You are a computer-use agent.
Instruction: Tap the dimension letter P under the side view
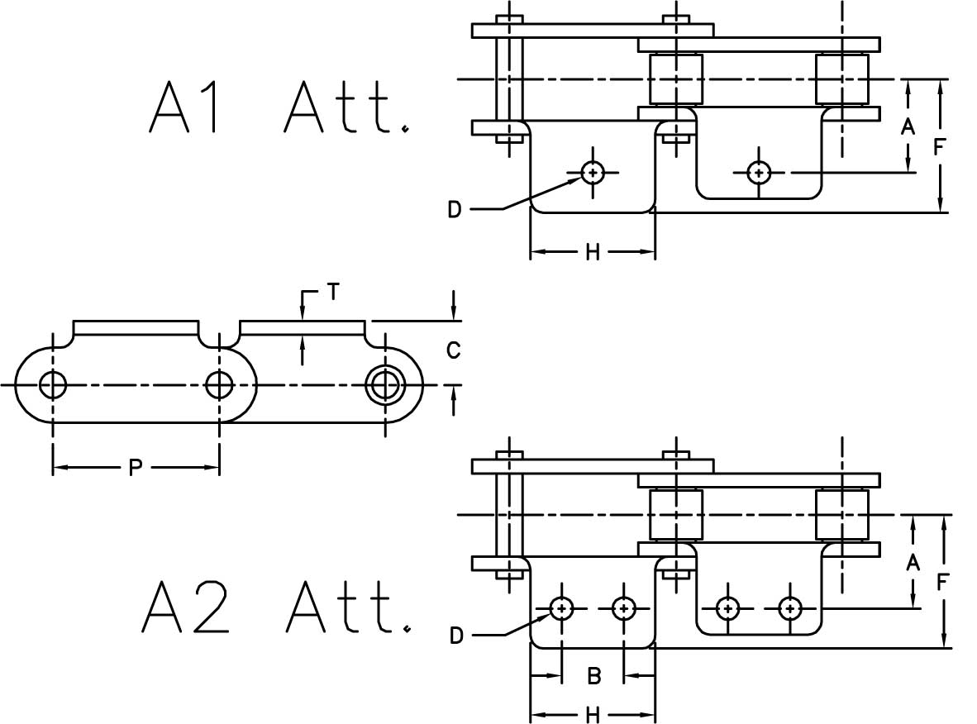point(136,469)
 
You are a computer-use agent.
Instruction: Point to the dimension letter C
point(453,351)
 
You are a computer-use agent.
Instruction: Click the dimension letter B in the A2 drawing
point(593,677)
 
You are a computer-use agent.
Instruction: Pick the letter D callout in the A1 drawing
point(455,210)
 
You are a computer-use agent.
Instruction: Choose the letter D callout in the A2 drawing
point(456,636)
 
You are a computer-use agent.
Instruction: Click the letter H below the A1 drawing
point(593,252)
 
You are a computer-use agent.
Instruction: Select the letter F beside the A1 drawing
point(940,147)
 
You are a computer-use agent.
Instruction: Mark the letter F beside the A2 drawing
point(943,582)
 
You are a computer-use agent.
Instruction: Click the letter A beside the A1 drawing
point(908,126)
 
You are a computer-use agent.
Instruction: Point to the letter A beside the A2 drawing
point(913,563)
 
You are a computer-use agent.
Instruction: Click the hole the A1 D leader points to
point(593,173)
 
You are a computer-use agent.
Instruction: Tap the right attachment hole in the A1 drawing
point(759,173)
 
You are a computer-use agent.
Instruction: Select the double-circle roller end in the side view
point(383,384)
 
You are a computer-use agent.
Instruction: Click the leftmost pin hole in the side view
point(53,384)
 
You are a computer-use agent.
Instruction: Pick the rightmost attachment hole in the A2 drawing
point(790,609)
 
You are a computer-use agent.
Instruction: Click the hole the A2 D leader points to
point(562,609)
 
